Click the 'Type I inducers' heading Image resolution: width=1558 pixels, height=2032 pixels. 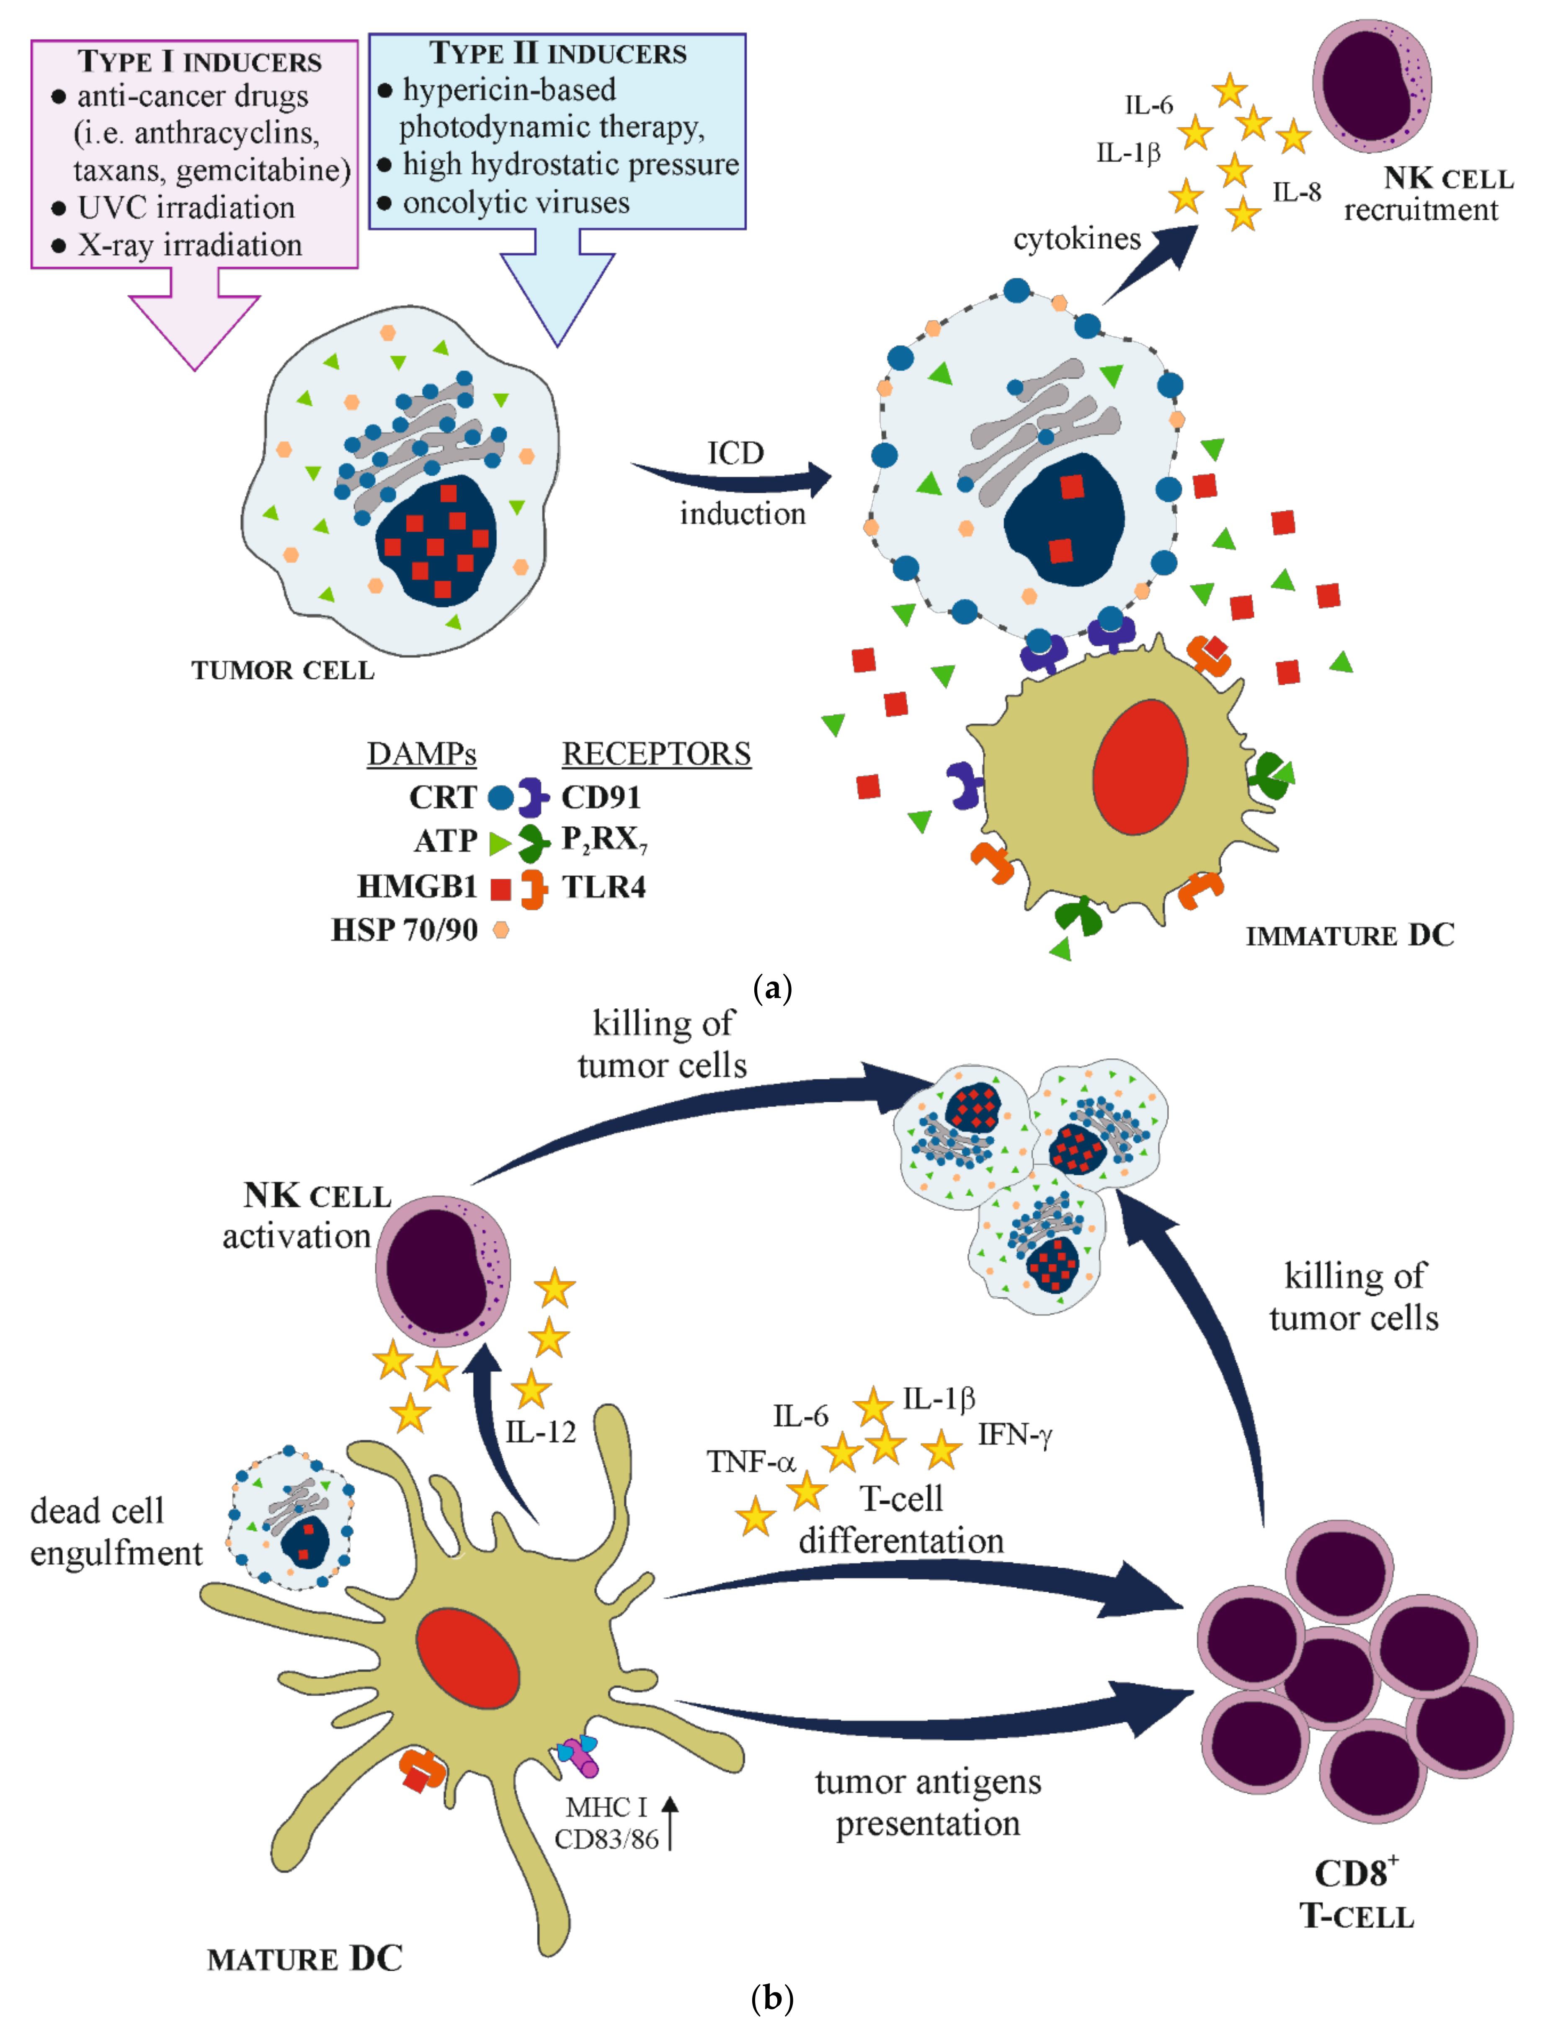click(x=199, y=61)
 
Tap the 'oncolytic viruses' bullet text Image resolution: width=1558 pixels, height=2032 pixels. click(x=516, y=202)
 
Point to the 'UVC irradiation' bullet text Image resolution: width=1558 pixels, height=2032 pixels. click(x=186, y=208)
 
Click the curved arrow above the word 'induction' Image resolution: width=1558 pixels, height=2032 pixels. click(x=733, y=480)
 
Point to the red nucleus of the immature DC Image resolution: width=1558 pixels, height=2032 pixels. click(x=1140, y=767)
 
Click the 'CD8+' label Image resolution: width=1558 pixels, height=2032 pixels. click(x=1356, y=1873)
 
